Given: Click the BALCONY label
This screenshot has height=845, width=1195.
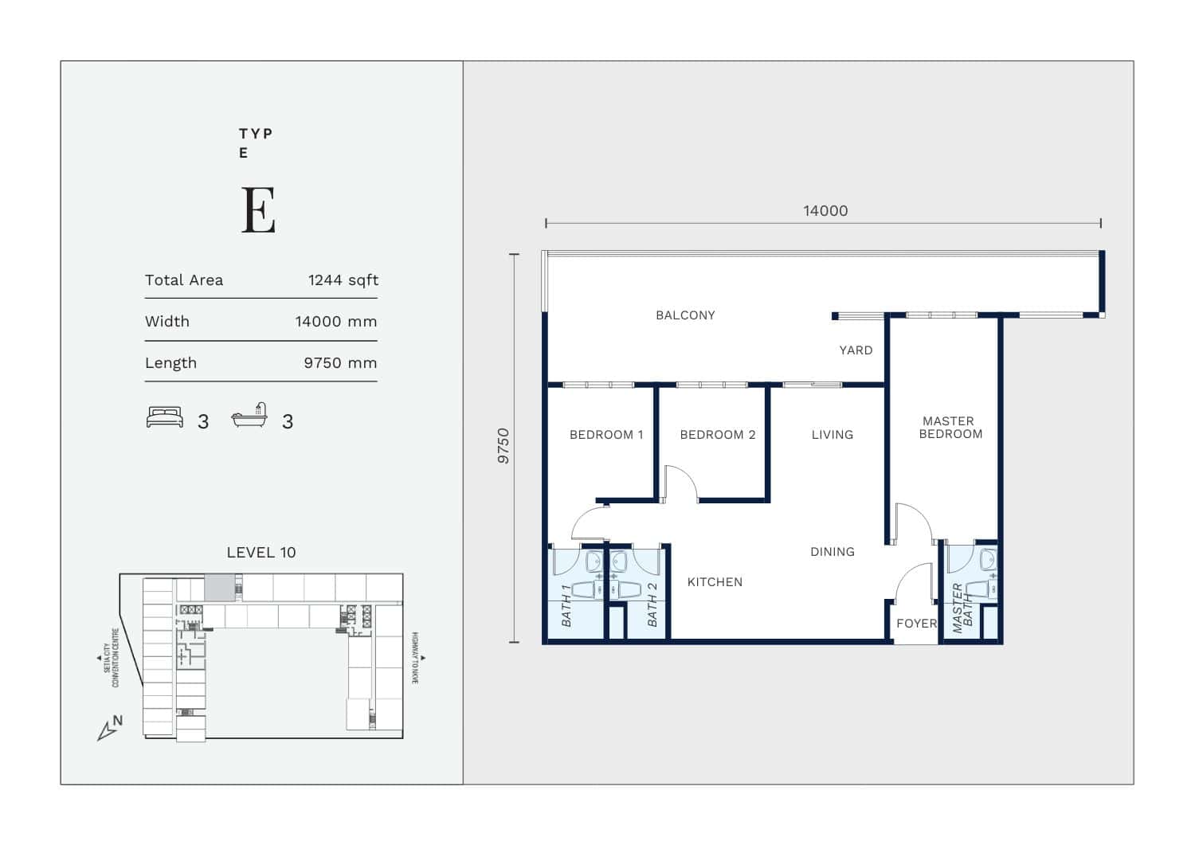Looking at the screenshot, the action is [x=685, y=315].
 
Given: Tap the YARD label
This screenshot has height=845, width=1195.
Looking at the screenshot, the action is [x=856, y=350].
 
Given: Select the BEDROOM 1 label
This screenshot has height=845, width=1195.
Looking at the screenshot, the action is [x=606, y=435].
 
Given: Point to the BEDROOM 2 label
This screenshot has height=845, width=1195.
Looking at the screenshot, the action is [x=718, y=435].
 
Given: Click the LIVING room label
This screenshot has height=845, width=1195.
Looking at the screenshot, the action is [x=833, y=435].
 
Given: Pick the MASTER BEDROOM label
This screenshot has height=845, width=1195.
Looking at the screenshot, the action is [x=950, y=428].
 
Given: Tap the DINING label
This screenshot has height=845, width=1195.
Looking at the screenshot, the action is [x=833, y=552].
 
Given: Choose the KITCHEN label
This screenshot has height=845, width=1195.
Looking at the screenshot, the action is [x=715, y=582].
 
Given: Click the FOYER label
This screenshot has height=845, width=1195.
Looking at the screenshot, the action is [x=916, y=624].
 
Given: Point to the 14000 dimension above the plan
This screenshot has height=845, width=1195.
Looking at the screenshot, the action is [x=825, y=211].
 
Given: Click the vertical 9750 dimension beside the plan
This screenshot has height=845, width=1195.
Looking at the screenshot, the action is [x=503, y=446].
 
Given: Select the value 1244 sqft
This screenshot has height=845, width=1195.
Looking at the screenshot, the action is [x=343, y=280].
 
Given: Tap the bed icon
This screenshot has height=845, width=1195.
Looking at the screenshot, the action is [x=165, y=417].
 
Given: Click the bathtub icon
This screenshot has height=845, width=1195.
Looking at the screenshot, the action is [x=249, y=415].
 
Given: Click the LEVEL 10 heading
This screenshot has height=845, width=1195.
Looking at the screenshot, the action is [x=261, y=553].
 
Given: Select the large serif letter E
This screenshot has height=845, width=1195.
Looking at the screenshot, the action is [x=259, y=209].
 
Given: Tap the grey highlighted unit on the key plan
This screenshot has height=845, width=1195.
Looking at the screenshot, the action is [x=220, y=587].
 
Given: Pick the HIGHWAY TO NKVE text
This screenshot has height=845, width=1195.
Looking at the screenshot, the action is [x=415, y=659].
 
